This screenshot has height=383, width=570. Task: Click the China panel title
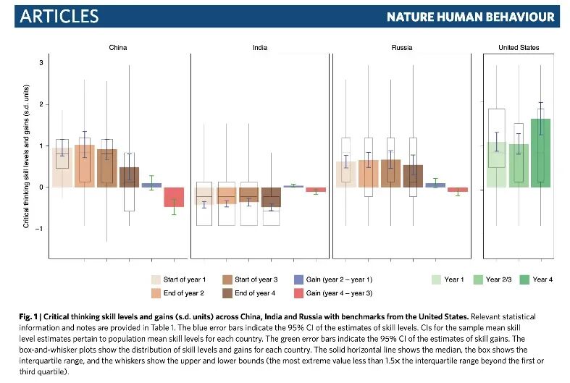tap(118, 48)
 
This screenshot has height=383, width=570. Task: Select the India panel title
tap(259, 48)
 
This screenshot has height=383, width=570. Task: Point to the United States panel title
tap(519, 48)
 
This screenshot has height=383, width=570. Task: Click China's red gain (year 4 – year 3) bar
tap(174, 197)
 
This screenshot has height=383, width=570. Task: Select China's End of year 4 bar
tap(129, 177)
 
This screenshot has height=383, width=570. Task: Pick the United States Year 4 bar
tap(540, 153)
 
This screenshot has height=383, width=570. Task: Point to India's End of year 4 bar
tap(271, 197)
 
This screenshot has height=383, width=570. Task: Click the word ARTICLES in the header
tap(59, 16)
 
